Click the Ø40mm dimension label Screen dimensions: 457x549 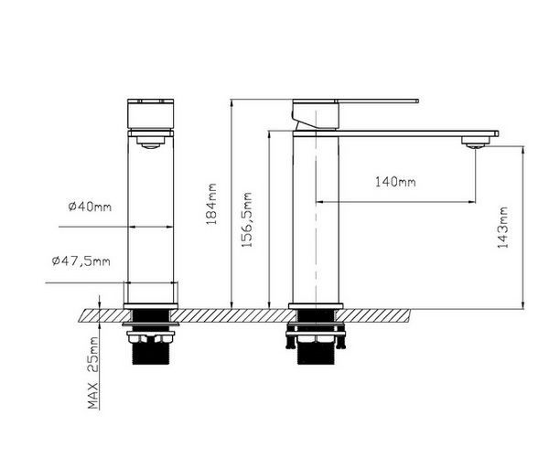click(x=89, y=207)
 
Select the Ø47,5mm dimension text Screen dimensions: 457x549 click(x=81, y=262)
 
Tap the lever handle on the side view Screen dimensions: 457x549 click(x=357, y=100)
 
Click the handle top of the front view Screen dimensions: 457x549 click(x=150, y=115)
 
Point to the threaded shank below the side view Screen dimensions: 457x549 click(x=316, y=347)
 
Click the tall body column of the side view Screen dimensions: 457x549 click(x=316, y=219)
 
